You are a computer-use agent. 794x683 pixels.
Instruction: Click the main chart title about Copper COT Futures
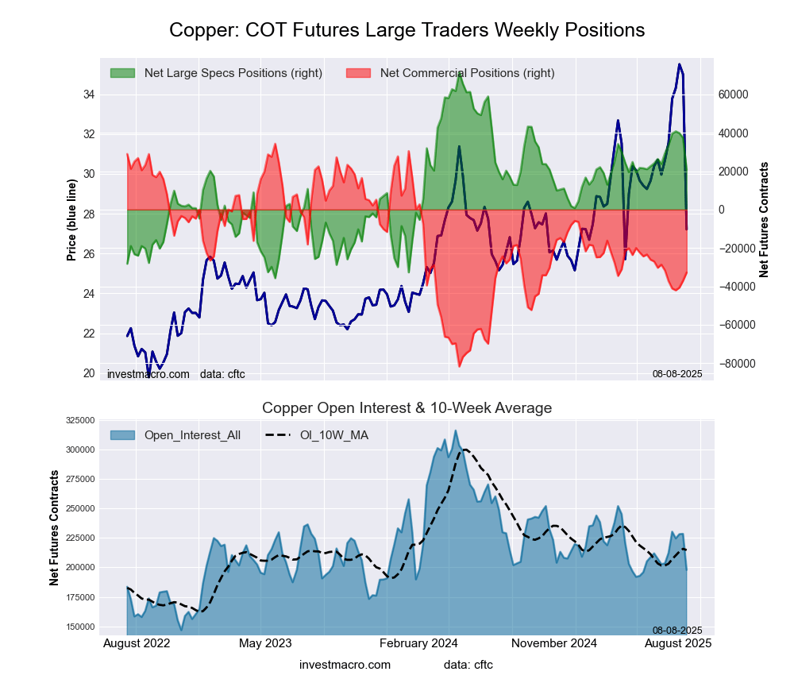coord(407,30)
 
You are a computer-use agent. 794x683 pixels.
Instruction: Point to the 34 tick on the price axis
coord(89,95)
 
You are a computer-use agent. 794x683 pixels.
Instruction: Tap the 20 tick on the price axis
coord(89,373)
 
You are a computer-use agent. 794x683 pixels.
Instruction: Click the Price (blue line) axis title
coord(71,220)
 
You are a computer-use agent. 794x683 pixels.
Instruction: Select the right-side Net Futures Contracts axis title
coord(764,220)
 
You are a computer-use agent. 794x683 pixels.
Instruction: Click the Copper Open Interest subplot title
coord(407,408)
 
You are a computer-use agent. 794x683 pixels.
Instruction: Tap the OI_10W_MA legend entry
coord(333,435)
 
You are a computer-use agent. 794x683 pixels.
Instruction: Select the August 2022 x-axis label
coord(137,642)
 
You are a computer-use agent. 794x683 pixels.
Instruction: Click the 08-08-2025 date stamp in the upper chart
coord(677,373)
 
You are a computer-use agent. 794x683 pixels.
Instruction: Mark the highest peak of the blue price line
coord(679,64)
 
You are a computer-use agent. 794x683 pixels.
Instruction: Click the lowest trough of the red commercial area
coord(459,366)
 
